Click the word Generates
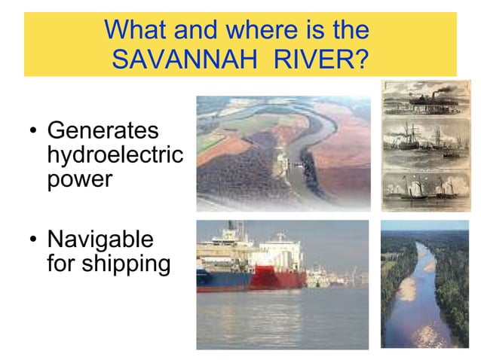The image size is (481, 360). coord(103,130)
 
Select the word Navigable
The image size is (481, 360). coord(100,240)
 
